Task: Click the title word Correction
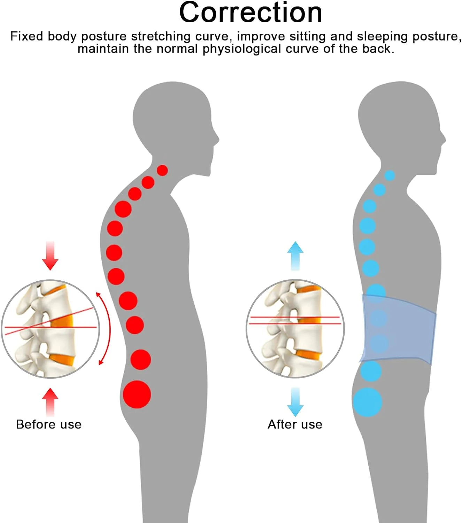[251, 13]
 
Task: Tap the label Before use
[49, 425]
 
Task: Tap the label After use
[295, 425]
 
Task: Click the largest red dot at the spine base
[137, 394]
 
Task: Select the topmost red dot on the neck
[162, 170]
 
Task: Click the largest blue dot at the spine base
[368, 402]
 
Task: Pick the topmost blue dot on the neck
[390, 175]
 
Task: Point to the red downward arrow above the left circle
[50, 256]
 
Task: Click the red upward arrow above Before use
[50, 402]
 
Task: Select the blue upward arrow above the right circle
[295, 256]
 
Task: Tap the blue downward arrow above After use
[295, 402]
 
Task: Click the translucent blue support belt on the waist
[398, 329]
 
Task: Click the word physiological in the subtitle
[241, 49]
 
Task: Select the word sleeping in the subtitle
[382, 36]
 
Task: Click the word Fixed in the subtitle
[26, 36]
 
